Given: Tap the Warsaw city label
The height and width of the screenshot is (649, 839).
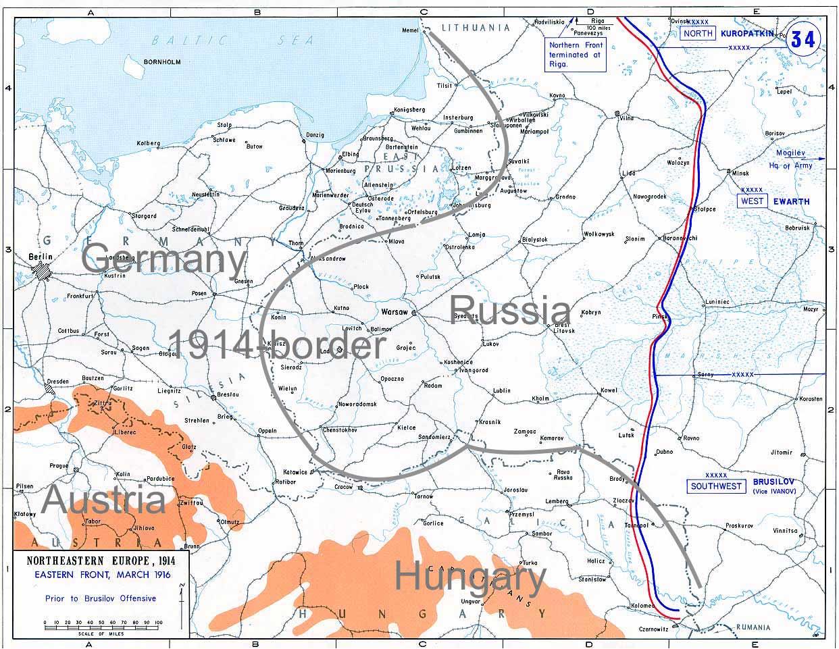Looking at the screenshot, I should [395, 313].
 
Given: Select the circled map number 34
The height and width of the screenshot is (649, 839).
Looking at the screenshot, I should [803, 40].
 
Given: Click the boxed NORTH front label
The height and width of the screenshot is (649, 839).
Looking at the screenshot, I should [697, 34].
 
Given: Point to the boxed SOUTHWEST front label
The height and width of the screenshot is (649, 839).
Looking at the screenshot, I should [716, 486].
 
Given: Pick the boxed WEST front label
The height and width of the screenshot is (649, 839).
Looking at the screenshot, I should [752, 201].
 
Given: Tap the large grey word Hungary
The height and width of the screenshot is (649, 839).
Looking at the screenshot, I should [469, 578].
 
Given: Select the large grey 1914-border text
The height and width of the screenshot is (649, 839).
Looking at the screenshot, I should [276, 345].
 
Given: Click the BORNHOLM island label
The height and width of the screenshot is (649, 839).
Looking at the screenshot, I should [163, 62].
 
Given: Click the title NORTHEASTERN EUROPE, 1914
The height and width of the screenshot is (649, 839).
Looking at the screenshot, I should [99, 562].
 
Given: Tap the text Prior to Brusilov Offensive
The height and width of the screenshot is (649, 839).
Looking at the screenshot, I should [101, 598].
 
